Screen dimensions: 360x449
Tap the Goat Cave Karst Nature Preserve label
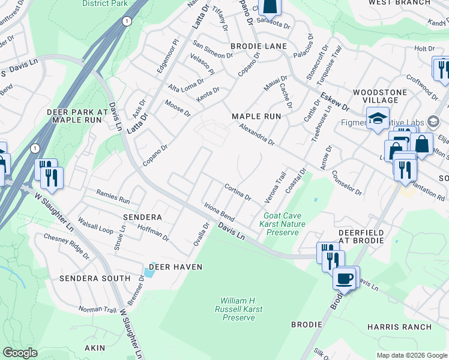(x=285, y=224)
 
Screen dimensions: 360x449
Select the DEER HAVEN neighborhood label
(x=175, y=266)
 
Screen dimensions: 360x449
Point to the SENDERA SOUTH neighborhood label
(x=94, y=278)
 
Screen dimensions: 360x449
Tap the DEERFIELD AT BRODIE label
(x=352, y=236)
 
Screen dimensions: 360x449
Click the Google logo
(x=20, y=353)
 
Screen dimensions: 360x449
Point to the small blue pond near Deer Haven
(x=149, y=273)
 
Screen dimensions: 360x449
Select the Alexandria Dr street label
(x=256, y=136)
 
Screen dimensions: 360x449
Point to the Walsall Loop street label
(x=95, y=225)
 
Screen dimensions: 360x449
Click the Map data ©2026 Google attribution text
(x=411, y=355)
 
